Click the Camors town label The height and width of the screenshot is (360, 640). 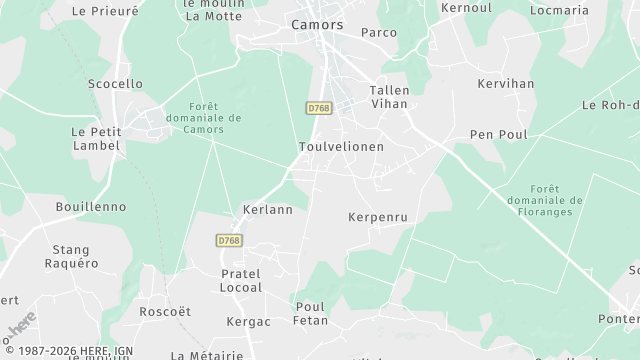coord(317,24)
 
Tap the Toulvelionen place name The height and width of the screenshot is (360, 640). coord(341,146)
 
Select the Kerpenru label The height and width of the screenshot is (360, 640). coord(378,217)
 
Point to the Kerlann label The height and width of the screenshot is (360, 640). coord(268,210)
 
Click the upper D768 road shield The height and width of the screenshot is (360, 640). coord(319,107)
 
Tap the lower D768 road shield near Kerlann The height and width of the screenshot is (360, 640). coord(229,240)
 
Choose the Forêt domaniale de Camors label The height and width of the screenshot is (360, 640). coord(214,117)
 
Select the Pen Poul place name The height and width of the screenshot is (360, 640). coord(498,134)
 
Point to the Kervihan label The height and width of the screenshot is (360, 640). coord(506,84)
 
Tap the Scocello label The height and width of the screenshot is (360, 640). coord(115,84)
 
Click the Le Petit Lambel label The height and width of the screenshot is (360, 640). coord(96,138)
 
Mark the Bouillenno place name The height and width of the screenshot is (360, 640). coord(91,206)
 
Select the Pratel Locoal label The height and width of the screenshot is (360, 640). coord(241,280)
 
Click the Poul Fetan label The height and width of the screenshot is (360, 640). coord(310,313)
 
